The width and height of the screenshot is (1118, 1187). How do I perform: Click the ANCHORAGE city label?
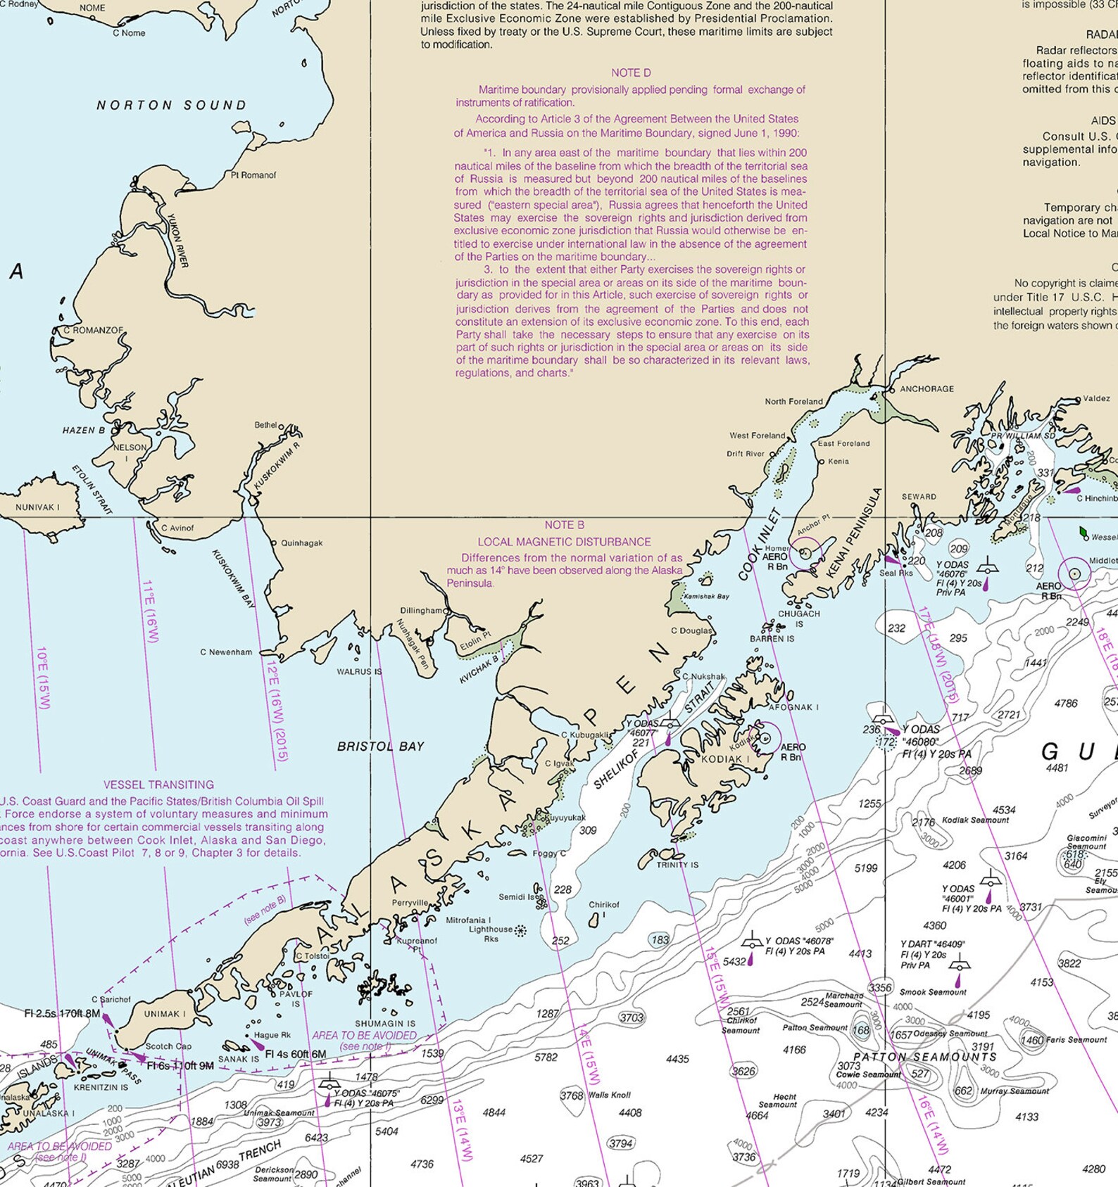(x=927, y=388)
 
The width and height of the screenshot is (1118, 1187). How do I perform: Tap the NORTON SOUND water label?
(x=171, y=106)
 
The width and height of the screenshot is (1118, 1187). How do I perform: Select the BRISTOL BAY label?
(x=380, y=747)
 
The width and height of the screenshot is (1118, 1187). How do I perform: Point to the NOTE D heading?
(x=631, y=73)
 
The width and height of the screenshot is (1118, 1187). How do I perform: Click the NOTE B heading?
(x=564, y=525)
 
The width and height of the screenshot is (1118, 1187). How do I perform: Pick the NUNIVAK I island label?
(x=37, y=507)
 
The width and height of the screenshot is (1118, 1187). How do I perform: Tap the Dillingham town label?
(x=422, y=611)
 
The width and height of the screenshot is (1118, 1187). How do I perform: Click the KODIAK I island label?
(x=725, y=759)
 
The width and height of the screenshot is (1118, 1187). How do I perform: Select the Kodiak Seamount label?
(x=975, y=820)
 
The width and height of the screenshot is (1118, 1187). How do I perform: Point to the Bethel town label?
(x=266, y=425)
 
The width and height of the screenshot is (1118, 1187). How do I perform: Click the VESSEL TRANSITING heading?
(x=158, y=785)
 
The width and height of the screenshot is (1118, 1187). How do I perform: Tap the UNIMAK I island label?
(x=165, y=1014)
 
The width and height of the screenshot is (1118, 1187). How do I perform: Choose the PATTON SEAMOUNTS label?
(x=924, y=1057)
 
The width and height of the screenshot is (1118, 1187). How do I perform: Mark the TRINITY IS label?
(x=677, y=865)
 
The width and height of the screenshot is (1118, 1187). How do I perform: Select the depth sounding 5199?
(x=865, y=868)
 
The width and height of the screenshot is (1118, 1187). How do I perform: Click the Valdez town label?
(x=1096, y=398)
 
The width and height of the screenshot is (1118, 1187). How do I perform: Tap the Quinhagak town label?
(x=301, y=543)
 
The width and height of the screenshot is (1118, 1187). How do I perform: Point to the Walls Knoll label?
(x=609, y=1095)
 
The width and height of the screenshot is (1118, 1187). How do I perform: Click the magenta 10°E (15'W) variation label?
(x=43, y=678)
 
